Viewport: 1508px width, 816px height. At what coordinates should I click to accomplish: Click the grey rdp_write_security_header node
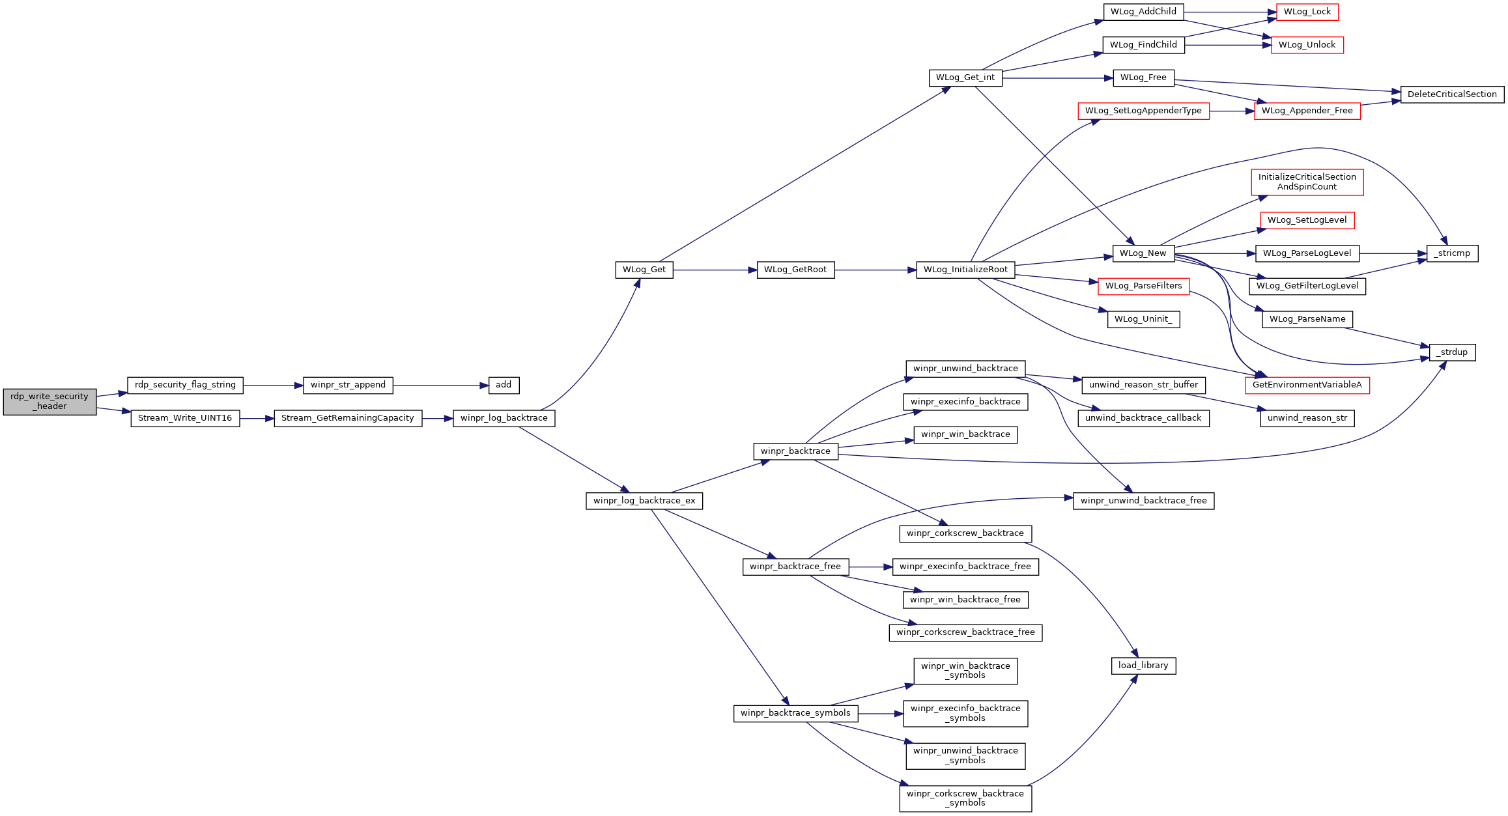tap(50, 402)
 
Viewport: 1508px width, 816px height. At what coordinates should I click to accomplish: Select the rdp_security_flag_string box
tap(185, 386)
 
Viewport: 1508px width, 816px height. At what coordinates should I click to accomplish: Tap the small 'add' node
tap(504, 386)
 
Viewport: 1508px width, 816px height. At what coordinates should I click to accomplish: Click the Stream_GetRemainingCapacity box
tap(348, 419)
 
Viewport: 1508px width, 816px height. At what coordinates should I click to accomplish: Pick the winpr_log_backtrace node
tap(504, 419)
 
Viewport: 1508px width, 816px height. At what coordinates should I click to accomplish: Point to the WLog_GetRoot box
tap(795, 270)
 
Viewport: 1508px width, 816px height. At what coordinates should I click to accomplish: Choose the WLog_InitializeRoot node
tap(965, 270)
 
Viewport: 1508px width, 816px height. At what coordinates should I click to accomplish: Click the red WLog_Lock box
tap(1307, 12)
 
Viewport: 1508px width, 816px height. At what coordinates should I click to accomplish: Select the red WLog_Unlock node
tap(1307, 46)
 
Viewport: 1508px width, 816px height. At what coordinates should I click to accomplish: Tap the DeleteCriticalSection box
tap(1452, 95)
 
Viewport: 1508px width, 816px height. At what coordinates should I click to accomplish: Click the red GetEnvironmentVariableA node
tap(1307, 386)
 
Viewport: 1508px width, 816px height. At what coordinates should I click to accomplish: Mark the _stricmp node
tap(1452, 254)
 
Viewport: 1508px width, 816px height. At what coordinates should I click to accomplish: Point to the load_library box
tap(1143, 666)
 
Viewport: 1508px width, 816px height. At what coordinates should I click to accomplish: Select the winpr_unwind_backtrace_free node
tap(1143, 501)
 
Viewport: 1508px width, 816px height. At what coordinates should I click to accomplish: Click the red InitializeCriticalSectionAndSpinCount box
tap(1307, 182)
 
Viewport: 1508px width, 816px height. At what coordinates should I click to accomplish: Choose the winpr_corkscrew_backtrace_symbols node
tap(965, 799)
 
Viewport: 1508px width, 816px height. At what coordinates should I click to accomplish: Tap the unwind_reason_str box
tap(1307, 419)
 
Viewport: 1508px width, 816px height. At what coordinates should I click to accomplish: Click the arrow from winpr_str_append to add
tap(441, 386)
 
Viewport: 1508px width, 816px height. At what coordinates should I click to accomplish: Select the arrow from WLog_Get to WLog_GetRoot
tap(715, 270)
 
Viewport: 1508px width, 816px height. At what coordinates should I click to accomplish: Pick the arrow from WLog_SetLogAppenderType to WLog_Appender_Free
tap(1232, 111)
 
